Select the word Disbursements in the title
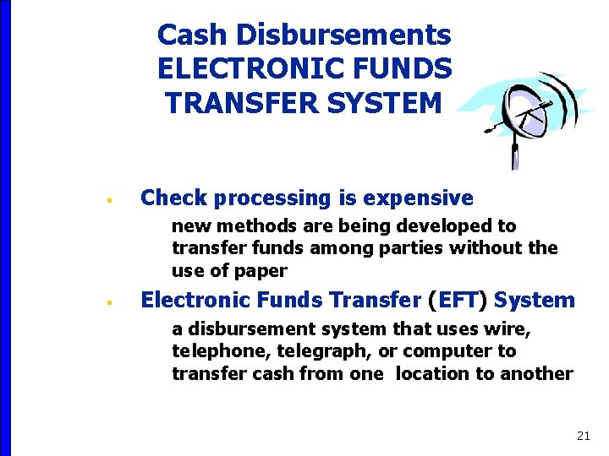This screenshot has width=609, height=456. pyautogui.click(x=343, y=35)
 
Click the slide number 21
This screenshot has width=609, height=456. pyautogui.click(x=583, y=436)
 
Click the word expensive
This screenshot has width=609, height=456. pyautogui.click(x=418, y=198)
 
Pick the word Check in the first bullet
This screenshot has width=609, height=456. pyautogui.click(x=173, y=198)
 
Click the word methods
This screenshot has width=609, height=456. pyautogui.click(x=255, y=225)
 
